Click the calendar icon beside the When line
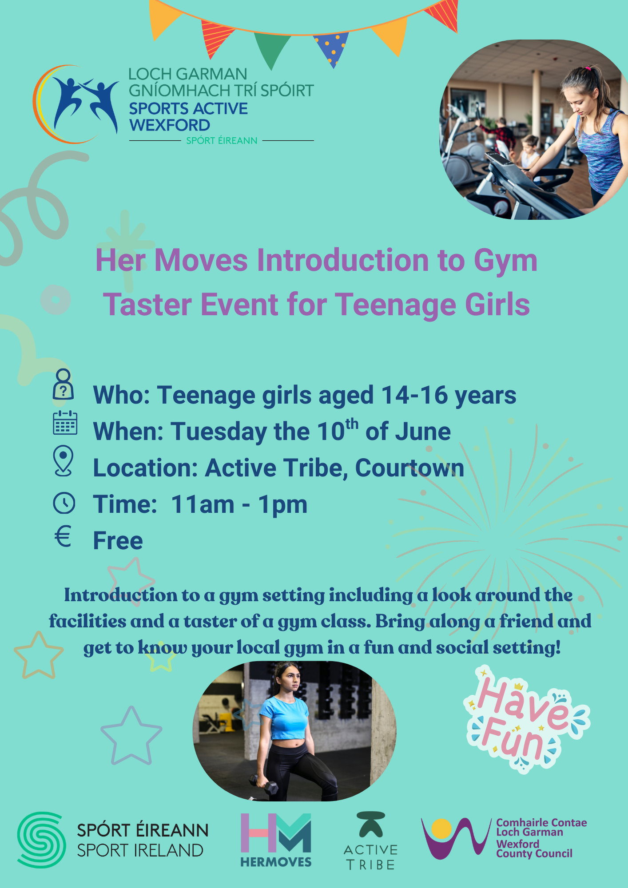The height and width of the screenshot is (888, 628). coord(65,423)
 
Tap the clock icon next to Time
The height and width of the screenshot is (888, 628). coord(64,503)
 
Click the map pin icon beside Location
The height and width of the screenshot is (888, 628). coord(64,461)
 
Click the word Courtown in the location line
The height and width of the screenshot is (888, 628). coord(409,468)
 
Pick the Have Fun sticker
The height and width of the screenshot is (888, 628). coord(526,720)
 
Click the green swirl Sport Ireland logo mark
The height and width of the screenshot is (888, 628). coord(41,840)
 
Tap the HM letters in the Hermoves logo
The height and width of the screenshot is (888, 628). coord(276,833)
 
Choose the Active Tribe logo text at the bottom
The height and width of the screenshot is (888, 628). coord(371,857)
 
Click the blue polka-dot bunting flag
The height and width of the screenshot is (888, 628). coord(331,49)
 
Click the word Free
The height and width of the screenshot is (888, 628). coord(118,541)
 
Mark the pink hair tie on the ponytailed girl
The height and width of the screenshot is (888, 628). coord(588,69)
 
